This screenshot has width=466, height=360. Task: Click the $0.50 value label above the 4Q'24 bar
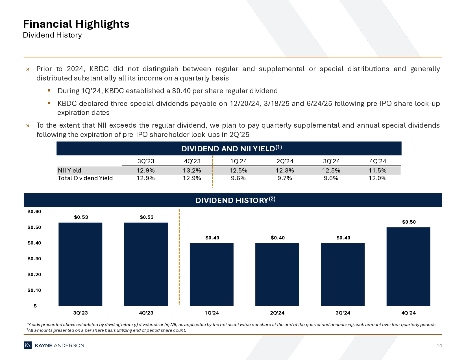point(409,222)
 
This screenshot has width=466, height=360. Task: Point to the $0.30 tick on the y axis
point(34,259)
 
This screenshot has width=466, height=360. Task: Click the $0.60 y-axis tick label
point(34,211)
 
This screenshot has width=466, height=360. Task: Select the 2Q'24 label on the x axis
point(277,313)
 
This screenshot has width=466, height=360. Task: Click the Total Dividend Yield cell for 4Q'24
point(377,178)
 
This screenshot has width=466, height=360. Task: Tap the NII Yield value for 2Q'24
point(285,171)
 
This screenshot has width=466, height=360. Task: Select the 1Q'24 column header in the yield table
point(238,161)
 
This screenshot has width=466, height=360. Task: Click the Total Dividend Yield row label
point(85,178)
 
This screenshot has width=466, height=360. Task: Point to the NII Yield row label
point(69,171)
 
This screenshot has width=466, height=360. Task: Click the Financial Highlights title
point(76,24)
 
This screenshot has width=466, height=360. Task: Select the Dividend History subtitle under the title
point(52,35)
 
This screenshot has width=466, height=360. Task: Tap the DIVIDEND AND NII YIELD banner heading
point(232,149)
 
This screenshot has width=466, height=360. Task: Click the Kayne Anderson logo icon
point(28,345)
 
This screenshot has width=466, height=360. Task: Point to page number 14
point(439,345)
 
